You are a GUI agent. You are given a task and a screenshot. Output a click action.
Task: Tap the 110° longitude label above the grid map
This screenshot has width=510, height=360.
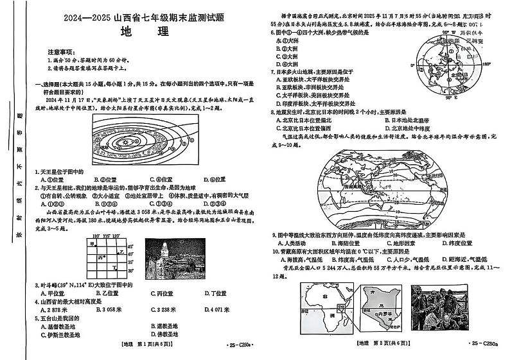pos(96,236)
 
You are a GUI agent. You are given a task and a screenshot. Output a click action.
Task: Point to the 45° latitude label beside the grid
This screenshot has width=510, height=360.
pos(130,246)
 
